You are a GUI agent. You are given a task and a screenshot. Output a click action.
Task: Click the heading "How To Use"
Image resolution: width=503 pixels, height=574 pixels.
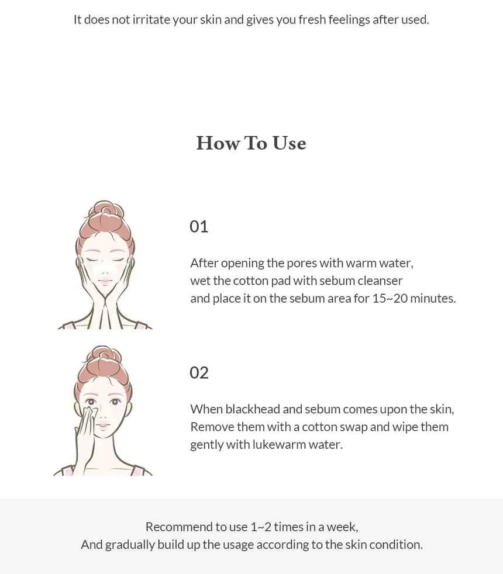[251, 143]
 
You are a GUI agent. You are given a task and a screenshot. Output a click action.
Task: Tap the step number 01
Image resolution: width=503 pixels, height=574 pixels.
[199, 227]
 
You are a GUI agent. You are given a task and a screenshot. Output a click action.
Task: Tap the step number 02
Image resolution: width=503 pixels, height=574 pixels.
[199, 373]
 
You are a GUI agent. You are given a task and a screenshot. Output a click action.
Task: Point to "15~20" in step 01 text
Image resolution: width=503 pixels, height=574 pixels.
[390, 298]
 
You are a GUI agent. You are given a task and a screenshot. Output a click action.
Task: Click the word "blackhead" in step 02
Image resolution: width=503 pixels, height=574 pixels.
[253, 409]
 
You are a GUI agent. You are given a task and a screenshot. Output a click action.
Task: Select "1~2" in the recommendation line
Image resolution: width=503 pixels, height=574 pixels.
[261, 527]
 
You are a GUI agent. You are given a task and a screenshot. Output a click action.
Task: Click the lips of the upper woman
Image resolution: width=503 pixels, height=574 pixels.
[105, 282]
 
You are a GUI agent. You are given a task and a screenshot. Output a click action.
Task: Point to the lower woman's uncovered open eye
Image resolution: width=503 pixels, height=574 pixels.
[115, 402]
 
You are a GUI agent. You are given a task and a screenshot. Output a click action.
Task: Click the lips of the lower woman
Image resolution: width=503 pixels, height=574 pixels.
[103, 426]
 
